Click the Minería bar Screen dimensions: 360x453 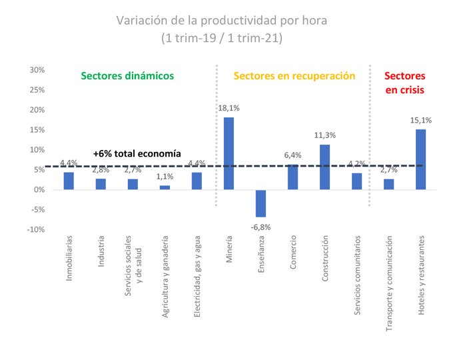tap(228, 153)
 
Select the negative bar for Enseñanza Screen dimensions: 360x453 tap(260, 203)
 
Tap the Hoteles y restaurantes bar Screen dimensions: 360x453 tap(420, 159)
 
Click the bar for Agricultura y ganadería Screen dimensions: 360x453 tap(165, 187)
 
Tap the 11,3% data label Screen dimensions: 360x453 tap(324, 135)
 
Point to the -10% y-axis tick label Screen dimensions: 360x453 tap(35, 229)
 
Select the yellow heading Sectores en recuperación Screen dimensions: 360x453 tap(293, 76)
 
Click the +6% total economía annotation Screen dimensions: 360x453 tap(137, 153)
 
